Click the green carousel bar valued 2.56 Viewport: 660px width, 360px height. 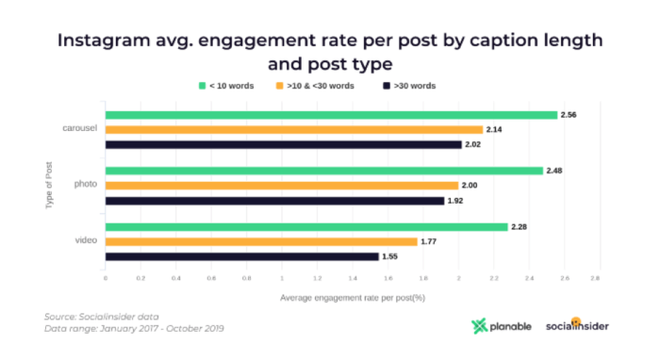(330, 115)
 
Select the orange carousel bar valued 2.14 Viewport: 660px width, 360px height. (293, 129)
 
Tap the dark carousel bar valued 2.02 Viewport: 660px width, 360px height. (283, 144)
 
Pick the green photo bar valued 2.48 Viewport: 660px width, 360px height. (323, 171)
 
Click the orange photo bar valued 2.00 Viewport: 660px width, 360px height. (281, 186)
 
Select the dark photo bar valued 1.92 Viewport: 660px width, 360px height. (274, 201)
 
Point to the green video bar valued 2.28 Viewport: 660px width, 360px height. (305, 227)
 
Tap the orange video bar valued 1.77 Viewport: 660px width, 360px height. (260, 241)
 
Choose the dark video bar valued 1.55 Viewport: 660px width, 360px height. (241, 256)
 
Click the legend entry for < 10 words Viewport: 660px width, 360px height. (226, 86)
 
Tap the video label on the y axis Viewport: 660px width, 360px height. (87, 241)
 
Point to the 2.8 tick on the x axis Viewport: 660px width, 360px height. (595, 279)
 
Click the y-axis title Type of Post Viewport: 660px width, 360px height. (49, 185)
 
